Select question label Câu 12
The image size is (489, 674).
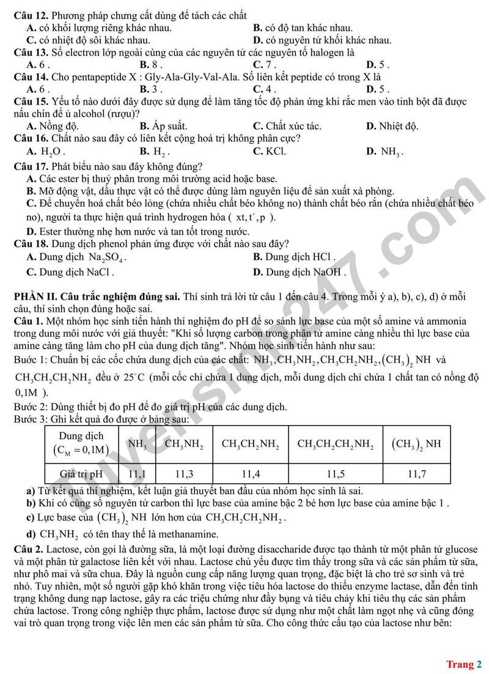pos(31,15)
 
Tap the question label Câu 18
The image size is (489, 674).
pos(31,243)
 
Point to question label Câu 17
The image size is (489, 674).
pos(31,166)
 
